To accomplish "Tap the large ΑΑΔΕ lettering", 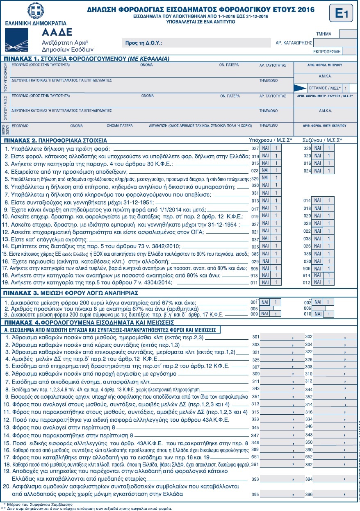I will [x=57, y=32].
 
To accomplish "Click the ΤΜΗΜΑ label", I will [x=324, y=34].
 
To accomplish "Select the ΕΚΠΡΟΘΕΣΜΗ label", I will [x=327, y=52].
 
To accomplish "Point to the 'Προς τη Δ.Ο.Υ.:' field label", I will [x=143, y=43].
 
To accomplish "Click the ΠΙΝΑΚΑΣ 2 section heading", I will [x=55, y=139].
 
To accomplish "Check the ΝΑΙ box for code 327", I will [x=265, y=148].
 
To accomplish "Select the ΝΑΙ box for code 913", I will [x=265, y=276].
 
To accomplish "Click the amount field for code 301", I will [x=281, y=337].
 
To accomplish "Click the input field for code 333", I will [x=281, y=419].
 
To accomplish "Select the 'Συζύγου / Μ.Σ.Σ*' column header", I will [x=322, y=139].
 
